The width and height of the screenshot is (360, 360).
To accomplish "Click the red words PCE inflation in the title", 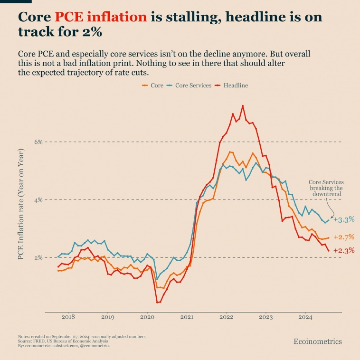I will (101, 17).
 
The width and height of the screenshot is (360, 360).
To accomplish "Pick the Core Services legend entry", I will (189, 85).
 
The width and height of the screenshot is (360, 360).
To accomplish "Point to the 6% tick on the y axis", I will (38, 142).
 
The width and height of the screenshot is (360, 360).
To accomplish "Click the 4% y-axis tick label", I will (38, 200).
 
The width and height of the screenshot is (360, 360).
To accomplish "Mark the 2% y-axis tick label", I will (38, 258).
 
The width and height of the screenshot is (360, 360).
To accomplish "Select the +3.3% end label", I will (343, 220).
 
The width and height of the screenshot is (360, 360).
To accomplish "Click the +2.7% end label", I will (343, 237).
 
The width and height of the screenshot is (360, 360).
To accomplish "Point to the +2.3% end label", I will (343, 251).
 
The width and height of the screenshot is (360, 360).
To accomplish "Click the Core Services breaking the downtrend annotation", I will (326, 188).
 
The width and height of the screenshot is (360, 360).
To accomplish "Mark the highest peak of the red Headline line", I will (243, 105).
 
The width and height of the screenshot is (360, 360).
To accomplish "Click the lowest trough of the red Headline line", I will (157, 303).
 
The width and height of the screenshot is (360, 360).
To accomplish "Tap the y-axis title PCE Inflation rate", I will (21, 204).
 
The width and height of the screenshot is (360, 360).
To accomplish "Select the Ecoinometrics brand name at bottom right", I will (318, 341).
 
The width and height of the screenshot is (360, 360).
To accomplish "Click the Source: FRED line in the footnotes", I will (63, 341).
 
